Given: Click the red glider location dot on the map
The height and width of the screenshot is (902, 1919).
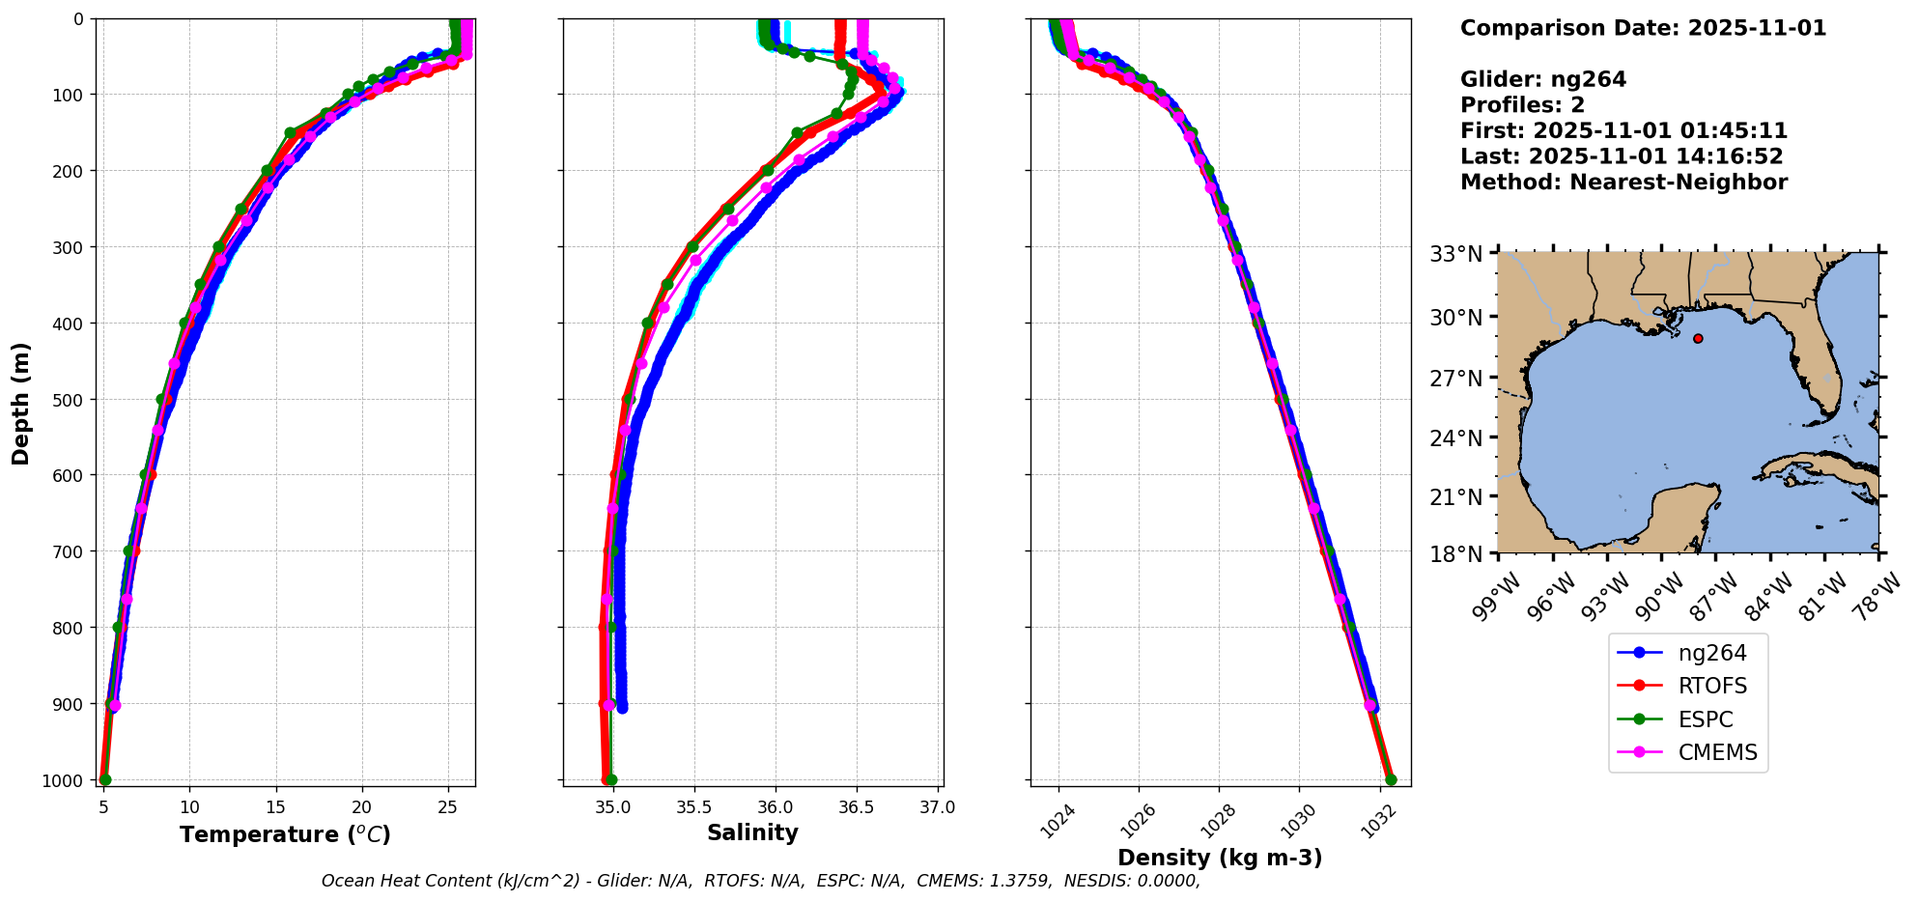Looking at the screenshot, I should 1698,338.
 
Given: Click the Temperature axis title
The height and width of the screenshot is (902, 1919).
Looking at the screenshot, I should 285,834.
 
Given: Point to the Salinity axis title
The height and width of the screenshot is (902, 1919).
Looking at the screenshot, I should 752,833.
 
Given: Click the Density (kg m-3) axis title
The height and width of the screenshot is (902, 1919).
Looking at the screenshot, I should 1220,858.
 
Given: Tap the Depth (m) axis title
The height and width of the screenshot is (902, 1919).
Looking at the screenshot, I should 21,403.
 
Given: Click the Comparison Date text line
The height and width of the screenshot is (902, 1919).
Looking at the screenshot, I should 1643,28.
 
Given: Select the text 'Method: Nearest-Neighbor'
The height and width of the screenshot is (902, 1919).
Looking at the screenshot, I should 1623,183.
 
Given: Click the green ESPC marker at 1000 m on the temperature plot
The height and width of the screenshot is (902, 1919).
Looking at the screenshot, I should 105,779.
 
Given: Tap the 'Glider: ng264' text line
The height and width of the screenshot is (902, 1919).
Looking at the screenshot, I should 1542,79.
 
